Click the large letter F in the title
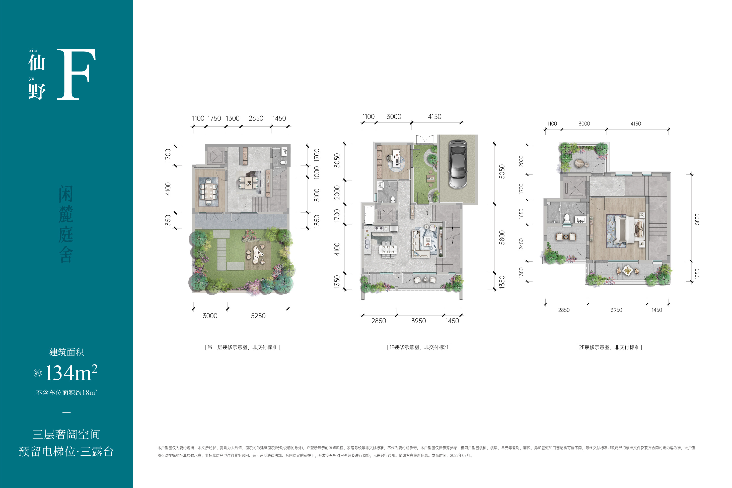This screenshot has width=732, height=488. pos(76,74)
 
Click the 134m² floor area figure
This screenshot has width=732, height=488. pos(71,373)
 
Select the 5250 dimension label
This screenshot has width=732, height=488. pos(258,316)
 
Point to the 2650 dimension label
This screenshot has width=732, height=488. pos(256,118)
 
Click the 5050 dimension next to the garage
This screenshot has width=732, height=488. pos(501,171)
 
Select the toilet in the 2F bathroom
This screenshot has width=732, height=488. pos(567,218)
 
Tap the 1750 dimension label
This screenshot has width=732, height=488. pos(214,118)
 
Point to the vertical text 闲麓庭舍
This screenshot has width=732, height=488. pos(66,224)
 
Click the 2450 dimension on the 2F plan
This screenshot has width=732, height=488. pos(521,244)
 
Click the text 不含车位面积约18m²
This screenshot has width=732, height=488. pos(66,392)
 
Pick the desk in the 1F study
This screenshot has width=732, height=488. pos(396,158)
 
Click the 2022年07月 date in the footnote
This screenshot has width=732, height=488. pos(461,456)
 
